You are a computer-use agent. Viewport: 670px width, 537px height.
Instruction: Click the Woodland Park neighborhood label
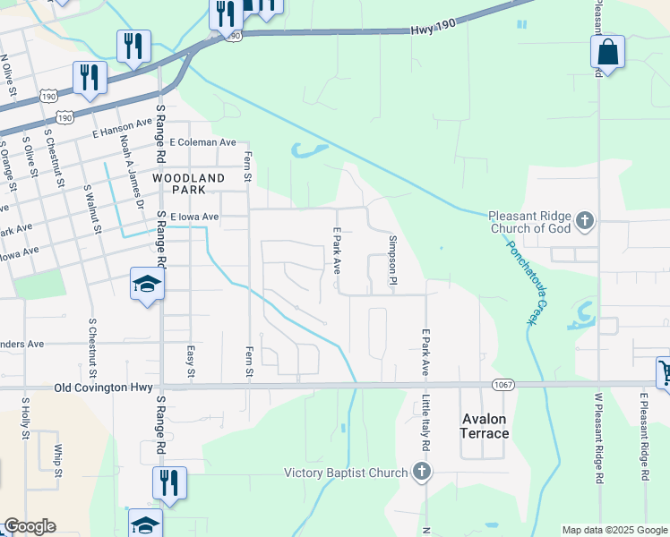click(x=188, y=184)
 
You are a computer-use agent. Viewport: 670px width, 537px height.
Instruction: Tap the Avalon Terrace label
click(x=485, y=426)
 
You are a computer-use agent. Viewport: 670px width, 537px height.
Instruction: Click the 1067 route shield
click(x=502, y=384)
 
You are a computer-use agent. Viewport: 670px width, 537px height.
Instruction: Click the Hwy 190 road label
click(x=434, y=30)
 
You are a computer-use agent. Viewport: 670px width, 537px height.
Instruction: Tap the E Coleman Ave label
click(x=202, y=142)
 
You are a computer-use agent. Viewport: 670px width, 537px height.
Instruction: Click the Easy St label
click(x=190, y=362)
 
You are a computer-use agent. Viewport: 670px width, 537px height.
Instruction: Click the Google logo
click(x=29, y=526)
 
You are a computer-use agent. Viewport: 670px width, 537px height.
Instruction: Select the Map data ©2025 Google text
click(x=614, y=530)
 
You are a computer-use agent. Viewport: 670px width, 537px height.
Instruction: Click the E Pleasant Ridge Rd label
click(x=643, y=438)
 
